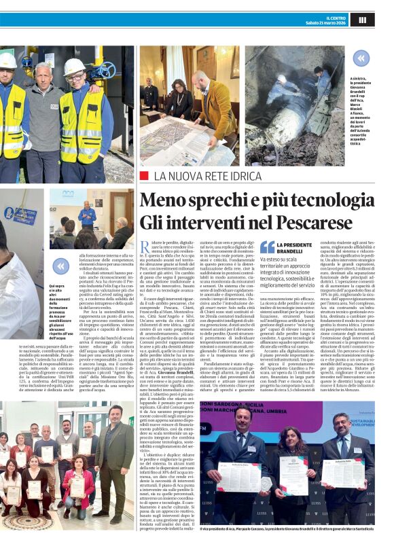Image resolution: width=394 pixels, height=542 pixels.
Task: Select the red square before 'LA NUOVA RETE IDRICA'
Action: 143,176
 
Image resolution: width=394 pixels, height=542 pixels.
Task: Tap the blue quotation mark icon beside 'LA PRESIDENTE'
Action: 267,247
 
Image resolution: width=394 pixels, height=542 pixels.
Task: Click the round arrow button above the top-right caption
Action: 361,58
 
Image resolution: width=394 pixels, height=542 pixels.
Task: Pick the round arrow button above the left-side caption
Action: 60,266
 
